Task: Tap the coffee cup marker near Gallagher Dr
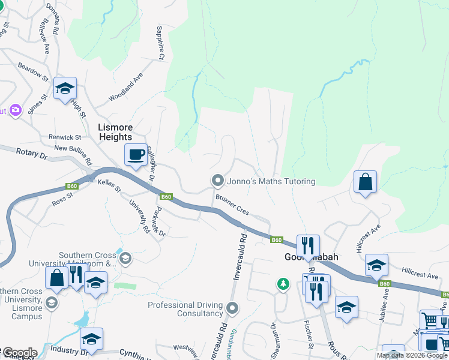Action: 136,155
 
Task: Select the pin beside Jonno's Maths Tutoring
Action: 217,181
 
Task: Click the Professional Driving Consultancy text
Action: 185,309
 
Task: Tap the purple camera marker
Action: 16,110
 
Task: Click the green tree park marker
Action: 283,283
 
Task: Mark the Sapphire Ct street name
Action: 160,42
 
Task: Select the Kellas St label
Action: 109,190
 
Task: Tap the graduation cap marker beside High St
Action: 65,89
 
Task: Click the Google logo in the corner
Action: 19,353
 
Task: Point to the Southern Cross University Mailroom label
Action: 72,263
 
